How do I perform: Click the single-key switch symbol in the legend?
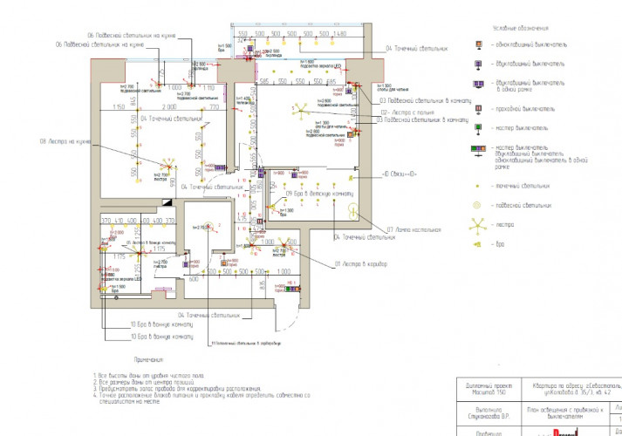point(477,44)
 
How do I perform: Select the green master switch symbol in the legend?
point(478,127)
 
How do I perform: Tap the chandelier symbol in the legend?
point(477,225)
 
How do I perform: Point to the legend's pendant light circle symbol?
point(477,205)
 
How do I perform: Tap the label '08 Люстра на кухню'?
point(65,141)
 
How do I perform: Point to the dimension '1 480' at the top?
point(340,33)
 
